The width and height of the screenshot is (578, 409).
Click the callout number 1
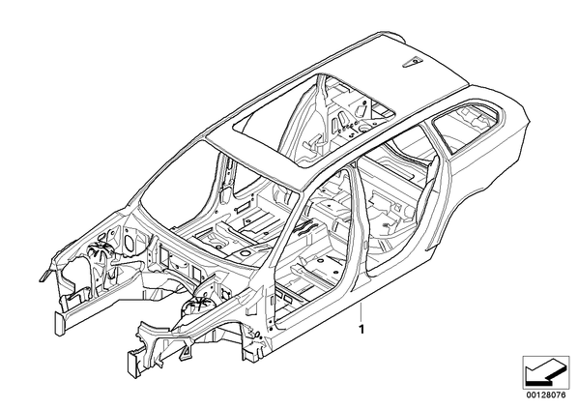tap(362, 330)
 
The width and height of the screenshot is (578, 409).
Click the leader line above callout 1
tap(361, 312)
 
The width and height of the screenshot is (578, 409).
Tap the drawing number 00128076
tap(546, 394)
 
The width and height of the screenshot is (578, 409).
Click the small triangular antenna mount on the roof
tap(411, 62)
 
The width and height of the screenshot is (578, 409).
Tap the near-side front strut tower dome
tap(198, 305)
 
